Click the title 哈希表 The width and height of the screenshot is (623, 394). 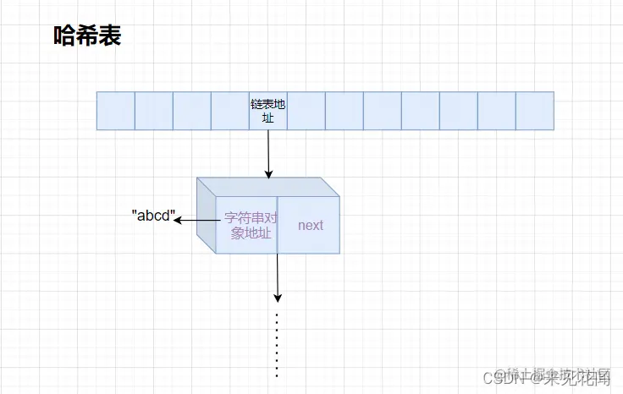click(x=87, y=36)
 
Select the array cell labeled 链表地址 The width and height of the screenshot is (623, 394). click(x=268, y=111)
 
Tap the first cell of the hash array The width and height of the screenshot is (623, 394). click(x=116, y=111)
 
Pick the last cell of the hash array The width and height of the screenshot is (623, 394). click(x=535, y=111)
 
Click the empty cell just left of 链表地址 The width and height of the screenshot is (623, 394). click(x=230, y=111)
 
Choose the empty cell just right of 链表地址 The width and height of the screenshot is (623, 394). click(x=306, y=111)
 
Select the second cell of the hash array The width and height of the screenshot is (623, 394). click(x=154, y=111)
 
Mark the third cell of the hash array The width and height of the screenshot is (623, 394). click(x=192, y=111)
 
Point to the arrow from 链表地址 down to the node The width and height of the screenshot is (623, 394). click(x=268, y=152)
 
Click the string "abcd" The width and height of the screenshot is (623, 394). click(x=152, y=216)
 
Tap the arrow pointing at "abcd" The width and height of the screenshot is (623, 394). click(x=195, y=221)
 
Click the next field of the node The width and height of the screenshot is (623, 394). click(x=310, y=225)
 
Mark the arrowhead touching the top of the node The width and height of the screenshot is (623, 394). click(x=268, y=173)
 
